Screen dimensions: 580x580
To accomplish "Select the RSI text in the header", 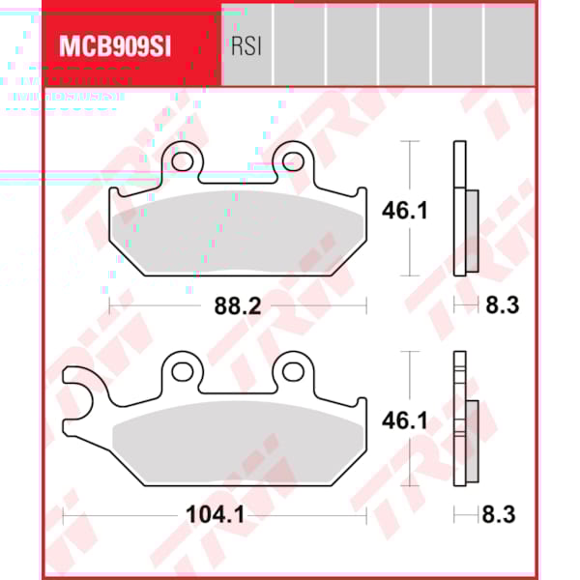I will coord(246,45).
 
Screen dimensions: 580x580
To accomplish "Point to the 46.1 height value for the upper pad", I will coord(449,211).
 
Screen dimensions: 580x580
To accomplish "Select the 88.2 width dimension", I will coord(237,306).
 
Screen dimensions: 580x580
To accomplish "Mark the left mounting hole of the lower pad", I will coord(180,368).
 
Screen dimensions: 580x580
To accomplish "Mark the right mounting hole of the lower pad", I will coord(290,368).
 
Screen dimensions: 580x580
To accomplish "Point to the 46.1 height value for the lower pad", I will coord(449,420).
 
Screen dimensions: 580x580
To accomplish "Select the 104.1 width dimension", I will coord(215,515).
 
